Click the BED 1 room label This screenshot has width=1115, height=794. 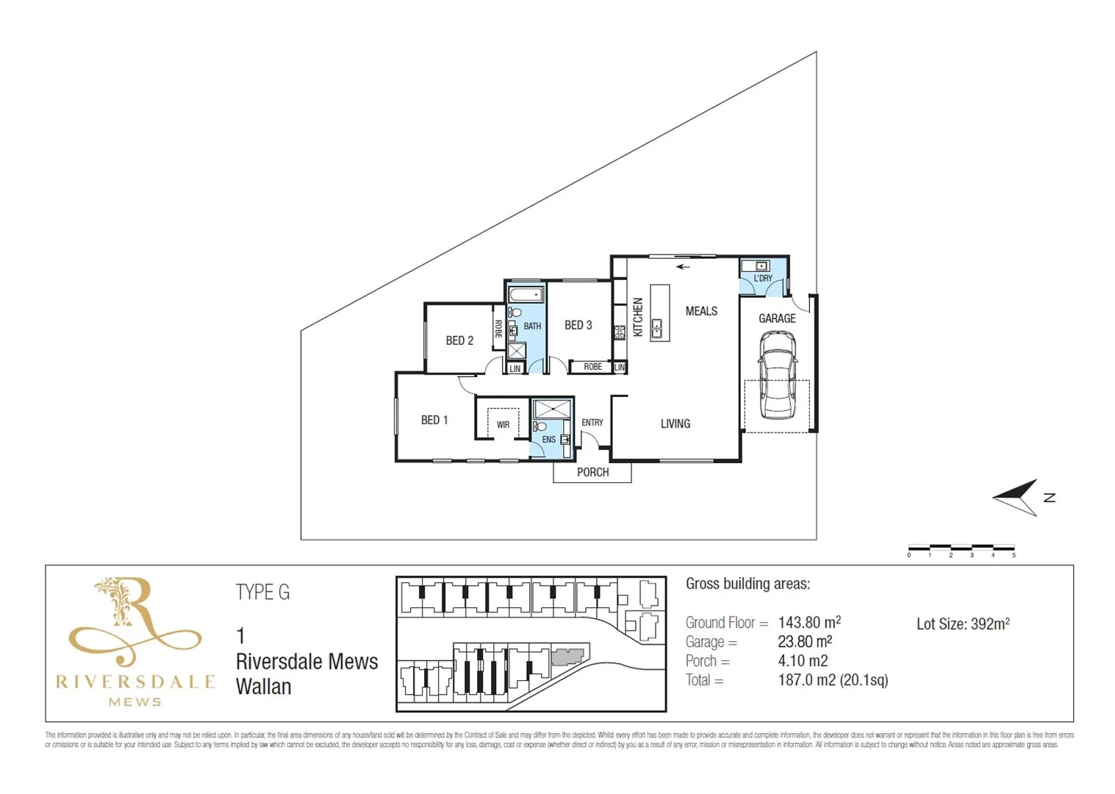(x=434, y=420)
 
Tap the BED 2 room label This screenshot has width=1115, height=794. (x=459, y=340)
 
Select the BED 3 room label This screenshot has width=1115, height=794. (x=578, y=325)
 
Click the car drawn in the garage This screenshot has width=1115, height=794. (x=777, y=373)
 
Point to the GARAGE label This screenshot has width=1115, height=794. (x=777, y=318)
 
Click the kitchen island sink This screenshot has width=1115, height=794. (x=656, y=329)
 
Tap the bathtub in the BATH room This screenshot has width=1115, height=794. (x=526, y=295)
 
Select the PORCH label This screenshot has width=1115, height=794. (x=592, y=472)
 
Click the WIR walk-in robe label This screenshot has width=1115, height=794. (x=503, y=425)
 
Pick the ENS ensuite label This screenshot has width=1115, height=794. (x=548, y=440)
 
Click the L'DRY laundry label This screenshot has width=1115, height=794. (x=763, y=279)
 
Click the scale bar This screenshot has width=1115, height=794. (x=961, y=548)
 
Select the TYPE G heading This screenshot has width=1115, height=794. (x=262, y=592)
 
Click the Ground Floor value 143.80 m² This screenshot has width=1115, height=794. (x=809, y=623)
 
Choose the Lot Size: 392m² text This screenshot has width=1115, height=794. (x=962, y=624)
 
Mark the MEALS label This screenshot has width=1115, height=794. (x=701, y=311)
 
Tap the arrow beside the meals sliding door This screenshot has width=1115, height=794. (x=683, y=267)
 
